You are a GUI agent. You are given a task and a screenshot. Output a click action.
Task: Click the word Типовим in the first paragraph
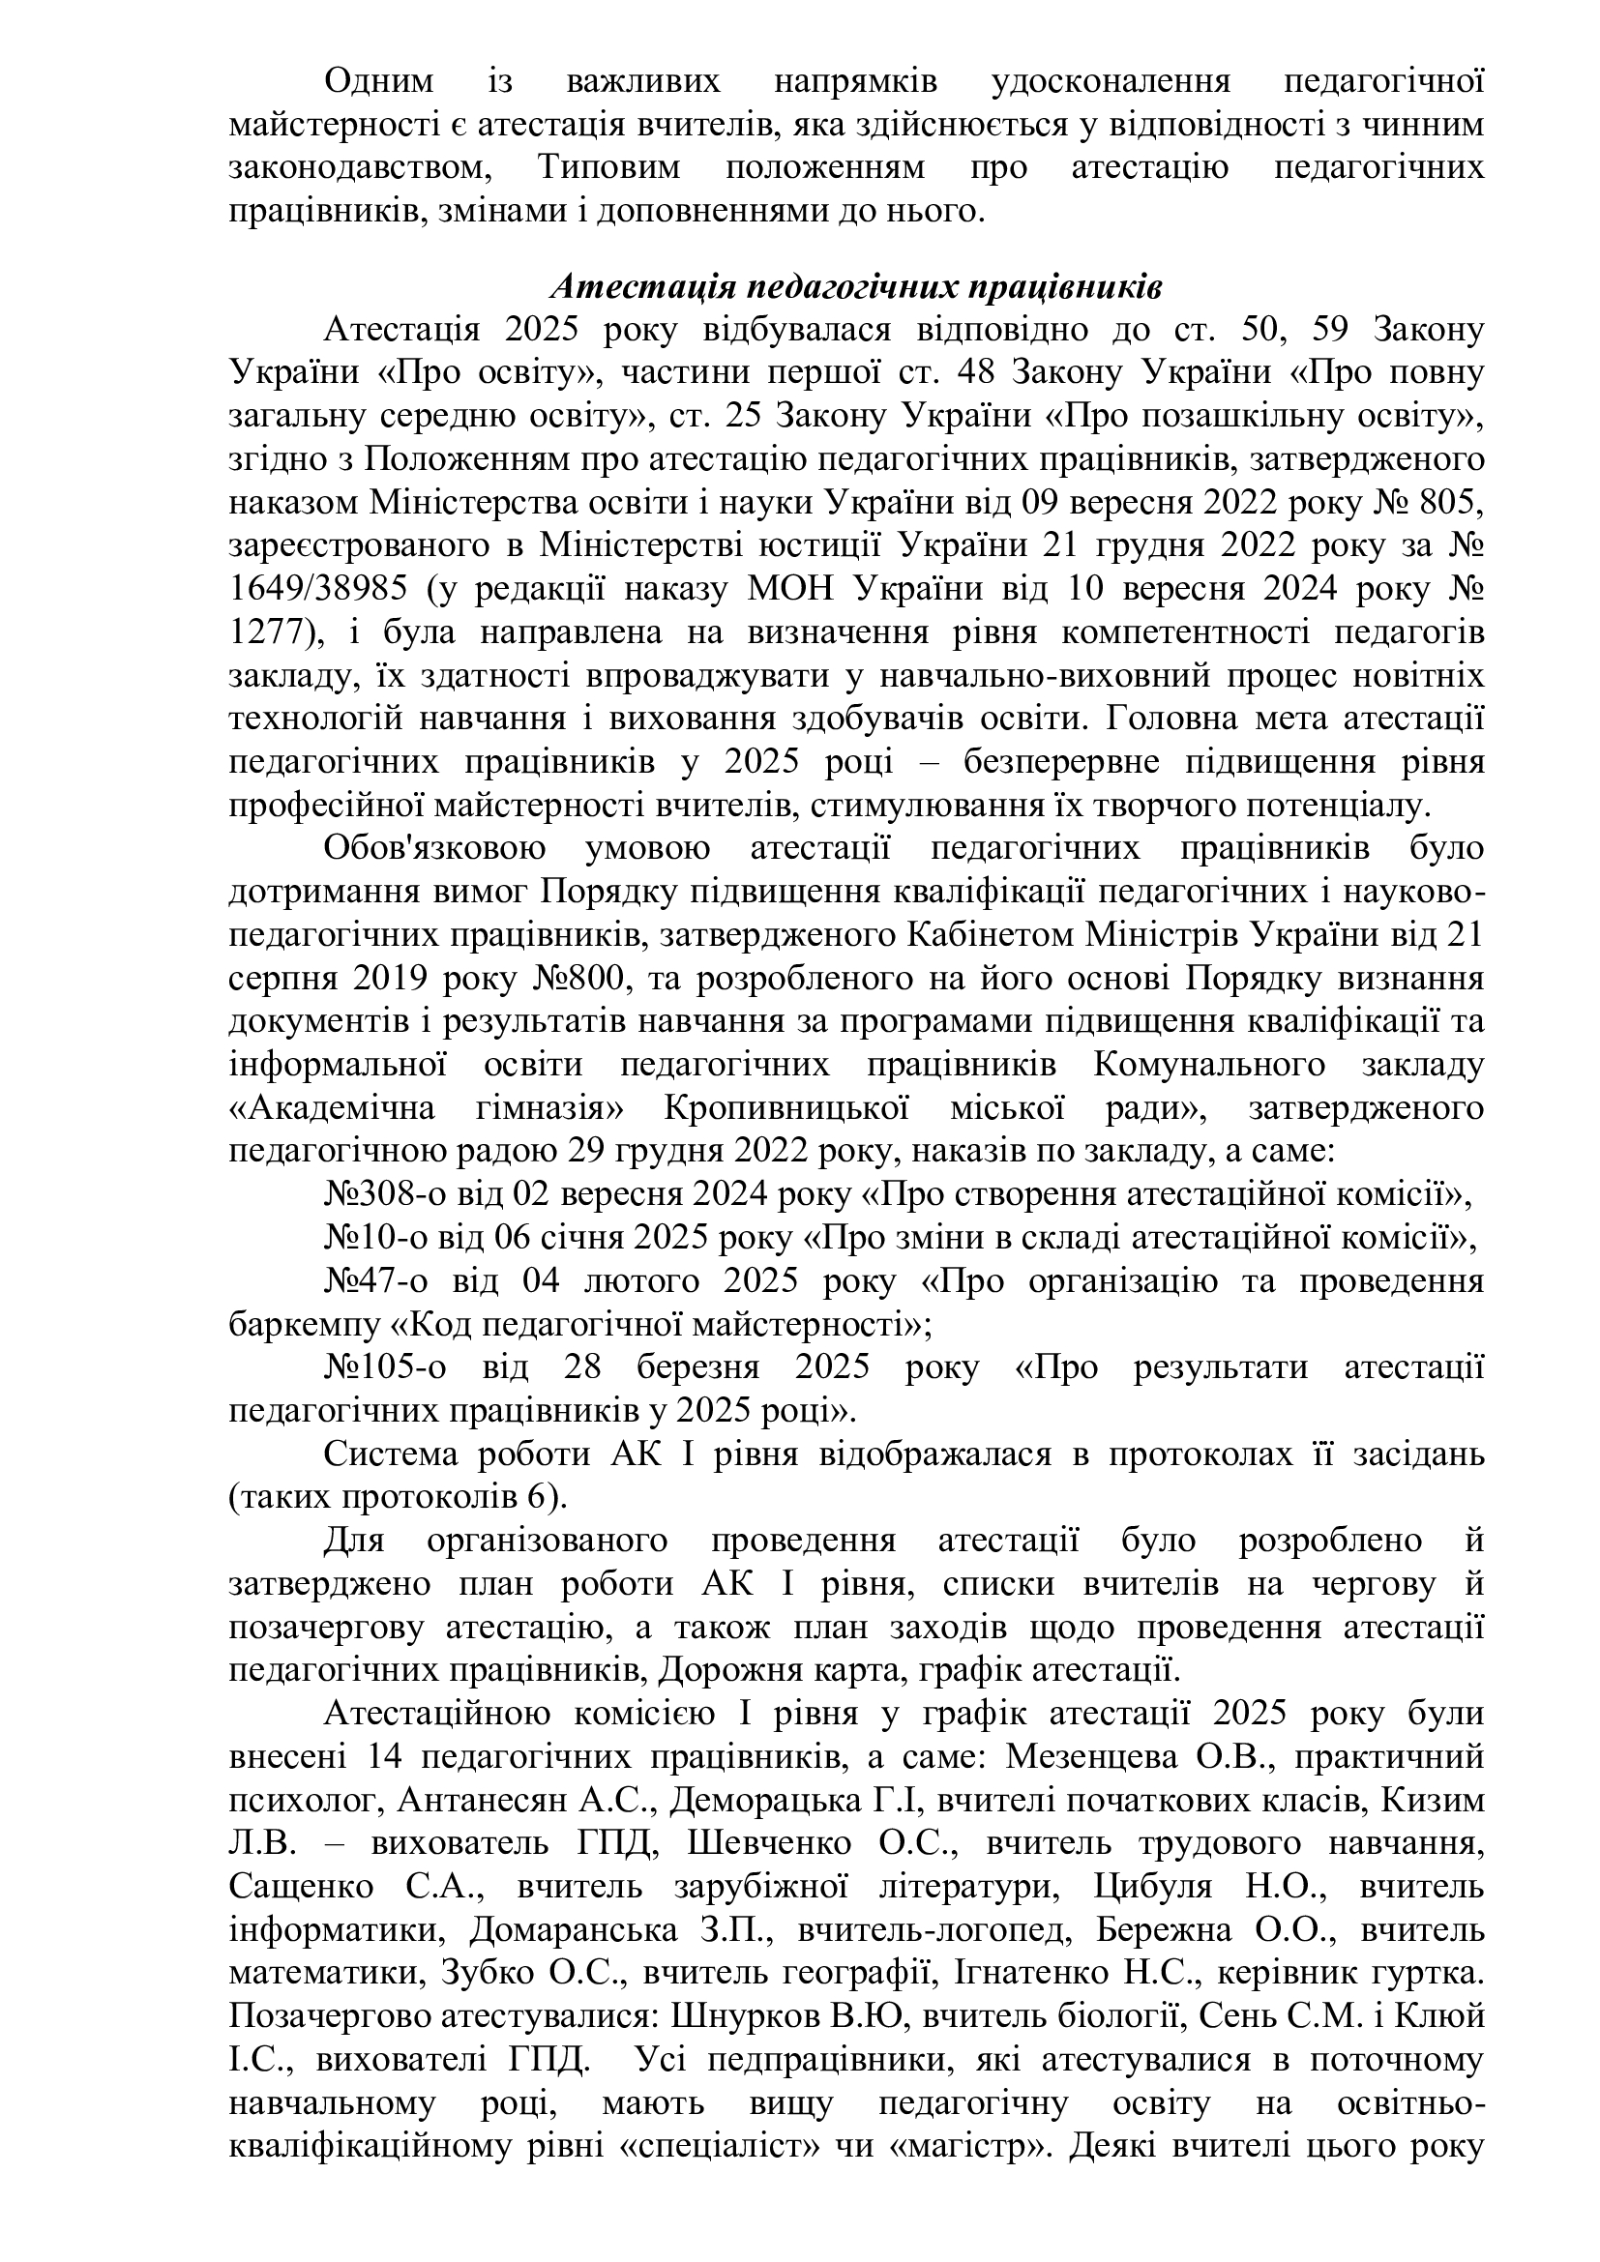coord(608,166)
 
